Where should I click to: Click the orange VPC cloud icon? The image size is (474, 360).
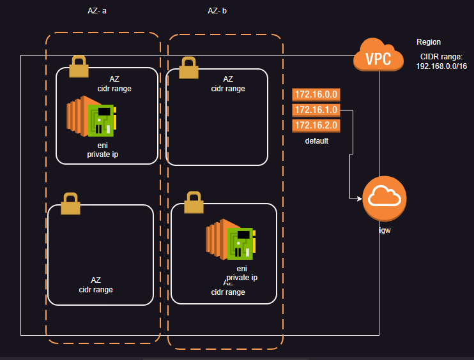pos(378,56)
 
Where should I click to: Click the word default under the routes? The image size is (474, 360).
pos(316,140)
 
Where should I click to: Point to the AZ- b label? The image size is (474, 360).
pos(217,11)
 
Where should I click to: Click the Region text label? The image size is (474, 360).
pos(429,42)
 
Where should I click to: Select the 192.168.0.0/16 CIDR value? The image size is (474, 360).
pos(441,66)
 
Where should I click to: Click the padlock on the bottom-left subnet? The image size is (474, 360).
pos(70,204)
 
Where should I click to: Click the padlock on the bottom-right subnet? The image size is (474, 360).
pos(194,202)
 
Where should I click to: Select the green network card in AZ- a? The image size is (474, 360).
pos(101,119)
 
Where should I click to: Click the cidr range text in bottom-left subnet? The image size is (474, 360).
pos(96,290)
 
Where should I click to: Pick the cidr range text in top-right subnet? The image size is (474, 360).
pos(228,89)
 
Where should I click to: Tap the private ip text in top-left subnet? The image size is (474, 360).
pos(103,154)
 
